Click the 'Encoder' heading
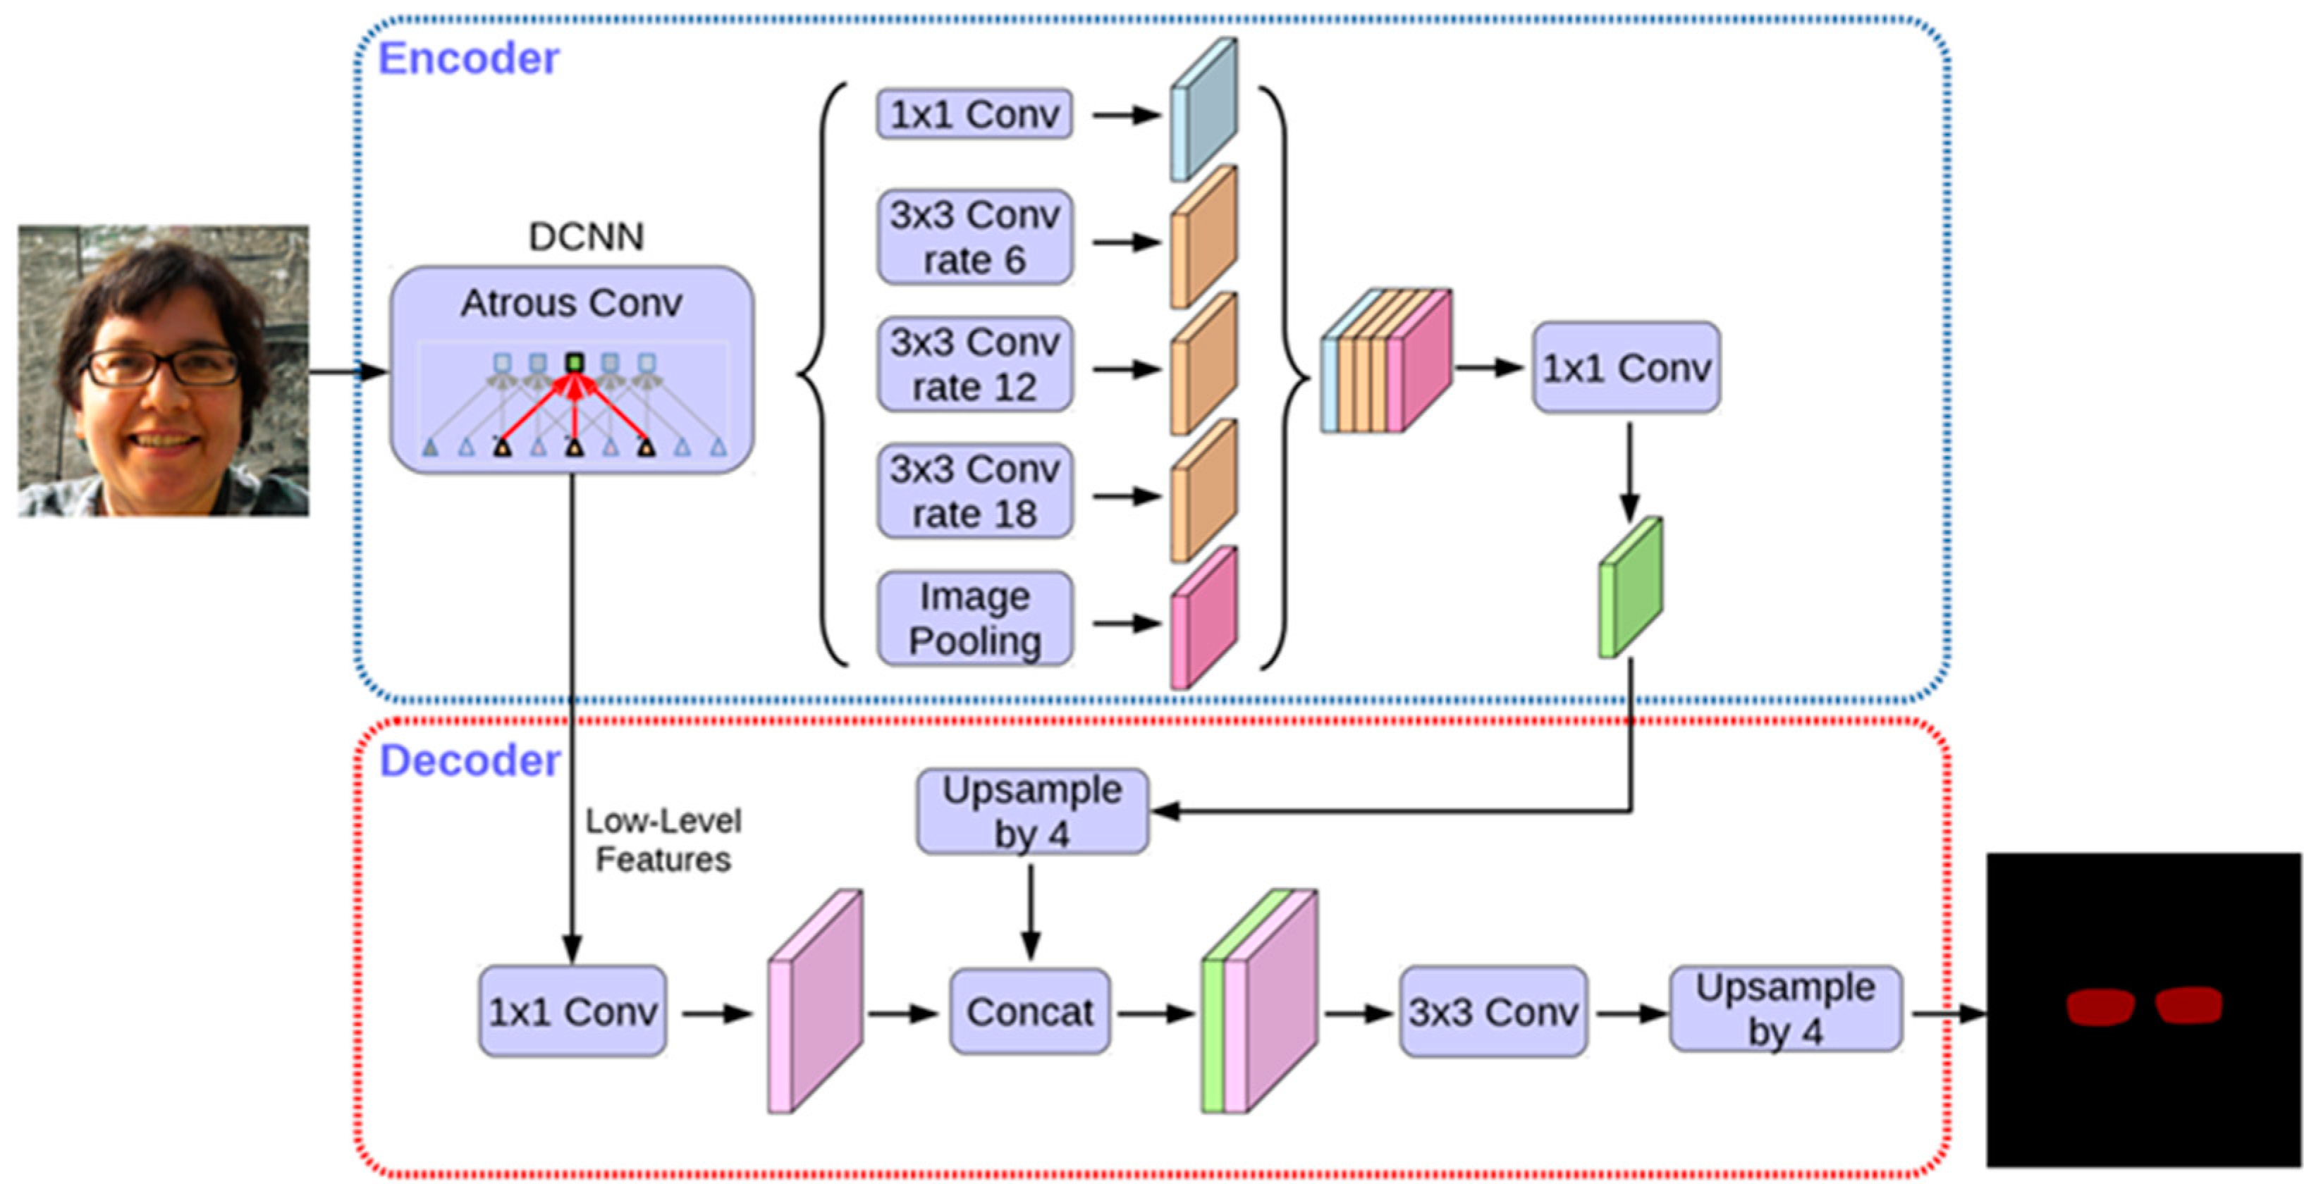coord(469,59)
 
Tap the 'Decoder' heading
coord(470,761)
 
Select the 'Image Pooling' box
coord(975,619)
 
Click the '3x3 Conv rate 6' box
coord(975,237)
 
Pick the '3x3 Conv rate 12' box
coord(975,364)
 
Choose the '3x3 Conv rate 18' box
coord(975,491)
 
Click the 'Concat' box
coord(1029,1012)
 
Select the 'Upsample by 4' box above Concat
coord(1032,812)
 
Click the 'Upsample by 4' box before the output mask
coord(1786,1009)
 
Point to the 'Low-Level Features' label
coord(663,841)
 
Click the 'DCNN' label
coord(586,237)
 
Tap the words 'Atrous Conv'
coord(572,303)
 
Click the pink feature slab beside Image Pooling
coord(1204,619)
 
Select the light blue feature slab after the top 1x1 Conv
coord(1204,110)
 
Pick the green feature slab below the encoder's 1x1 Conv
coord(1631,588)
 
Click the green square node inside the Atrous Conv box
coord(574,363)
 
